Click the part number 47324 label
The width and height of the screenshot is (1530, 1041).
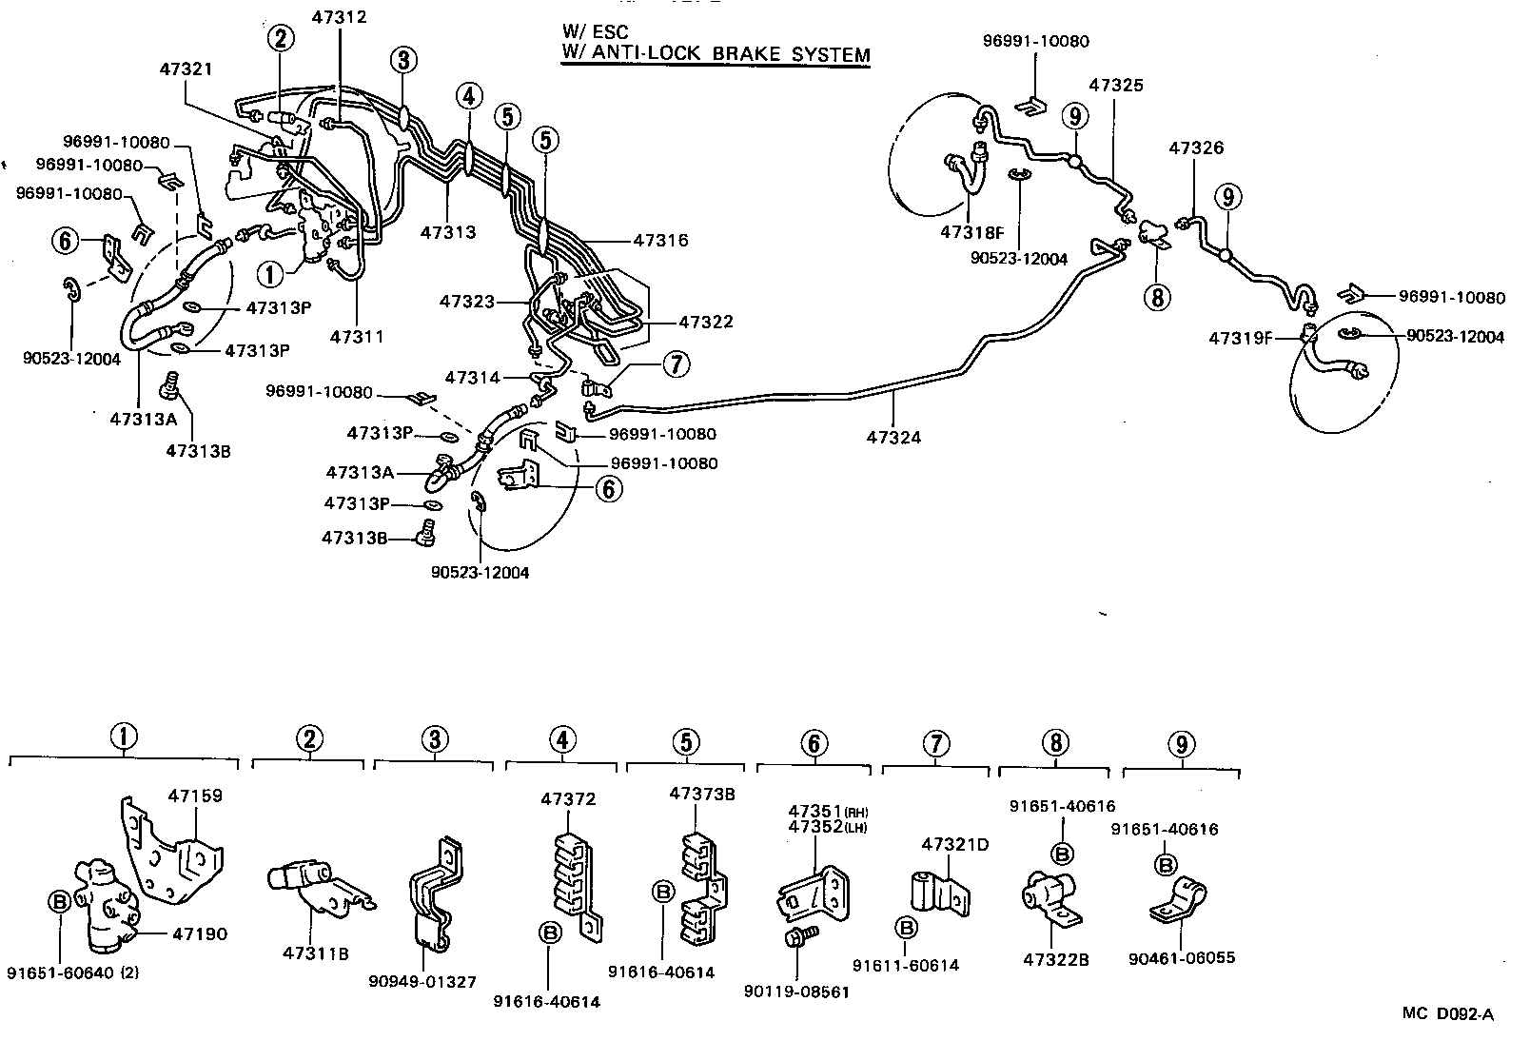[893, 439]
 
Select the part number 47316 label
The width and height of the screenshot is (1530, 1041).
[659, 241]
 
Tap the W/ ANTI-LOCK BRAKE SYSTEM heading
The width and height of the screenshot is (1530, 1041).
[715, 54]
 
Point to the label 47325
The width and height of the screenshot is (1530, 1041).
[1115, 85]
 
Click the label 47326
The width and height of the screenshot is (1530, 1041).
[1196, 148]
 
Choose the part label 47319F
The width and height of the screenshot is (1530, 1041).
[1241, 338]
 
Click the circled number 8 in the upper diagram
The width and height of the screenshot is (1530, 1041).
[1157, 298]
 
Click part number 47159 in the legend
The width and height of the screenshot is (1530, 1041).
[195, 795]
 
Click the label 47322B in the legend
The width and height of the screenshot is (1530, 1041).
[1055, 959]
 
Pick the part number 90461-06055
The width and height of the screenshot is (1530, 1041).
[1181, 957]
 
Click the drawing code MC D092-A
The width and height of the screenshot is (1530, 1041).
[1447, 1014]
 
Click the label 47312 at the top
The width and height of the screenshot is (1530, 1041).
[339, 17]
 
